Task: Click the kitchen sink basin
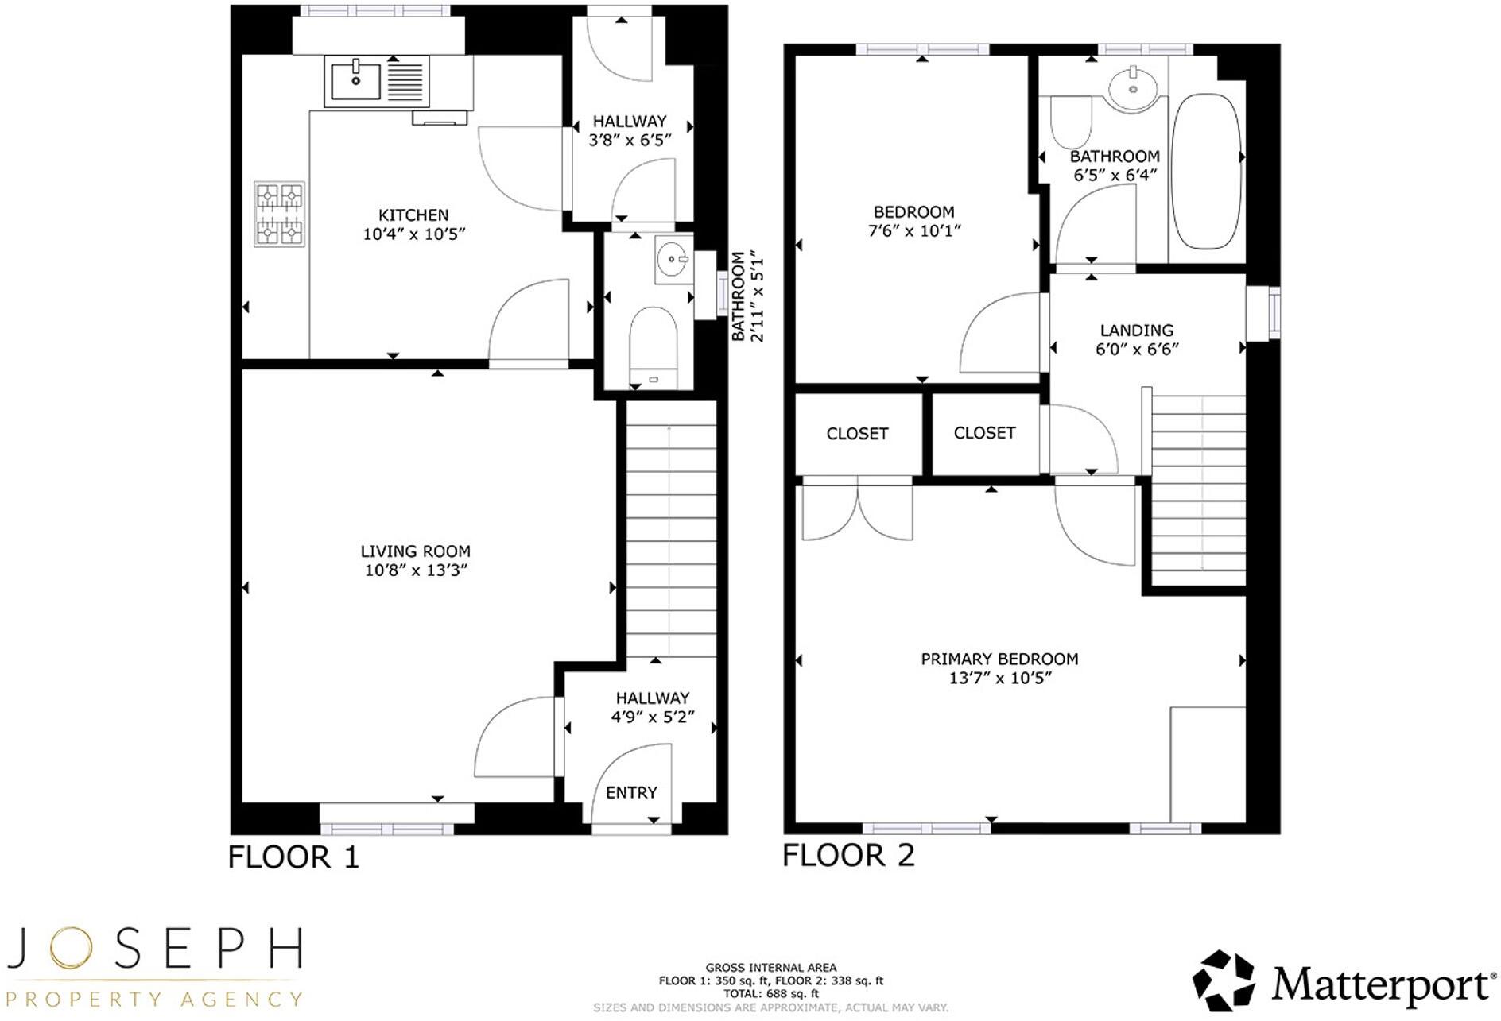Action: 355,81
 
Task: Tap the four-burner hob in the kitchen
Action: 279,214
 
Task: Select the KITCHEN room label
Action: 413,215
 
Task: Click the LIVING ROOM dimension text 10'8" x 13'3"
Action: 416,570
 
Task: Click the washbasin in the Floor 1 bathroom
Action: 673,259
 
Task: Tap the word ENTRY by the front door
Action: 631,793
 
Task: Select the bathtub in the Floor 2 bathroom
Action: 1206,171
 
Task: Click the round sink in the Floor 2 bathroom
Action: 1132,88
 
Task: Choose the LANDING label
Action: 1137,331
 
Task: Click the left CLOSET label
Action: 857,434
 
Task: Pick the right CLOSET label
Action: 984,433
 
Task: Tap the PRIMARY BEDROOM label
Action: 999,659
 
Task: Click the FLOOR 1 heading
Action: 293,857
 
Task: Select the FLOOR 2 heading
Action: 848,856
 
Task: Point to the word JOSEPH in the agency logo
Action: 155,949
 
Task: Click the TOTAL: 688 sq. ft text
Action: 770,993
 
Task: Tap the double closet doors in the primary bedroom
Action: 857,511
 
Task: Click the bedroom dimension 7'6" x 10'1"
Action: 914,231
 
